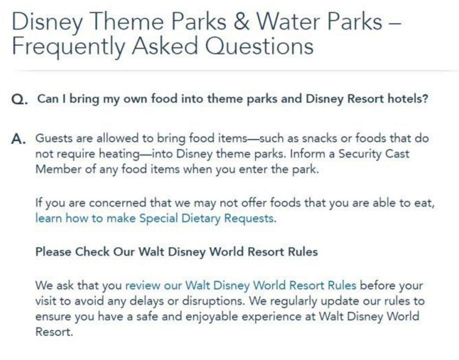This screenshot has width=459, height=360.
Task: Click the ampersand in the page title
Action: click(241, 21)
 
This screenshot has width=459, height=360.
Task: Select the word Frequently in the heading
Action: click(68, 47)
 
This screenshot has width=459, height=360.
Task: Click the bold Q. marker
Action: click(20, 99)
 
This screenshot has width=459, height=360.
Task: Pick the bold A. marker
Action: click(18, 139)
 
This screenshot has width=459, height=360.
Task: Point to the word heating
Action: click(119, 154)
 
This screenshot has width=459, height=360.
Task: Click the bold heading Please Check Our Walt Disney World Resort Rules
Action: click(176, 251)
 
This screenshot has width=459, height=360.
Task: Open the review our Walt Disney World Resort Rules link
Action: click(240, 285)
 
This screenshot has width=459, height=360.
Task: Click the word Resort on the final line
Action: click(54, 332)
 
